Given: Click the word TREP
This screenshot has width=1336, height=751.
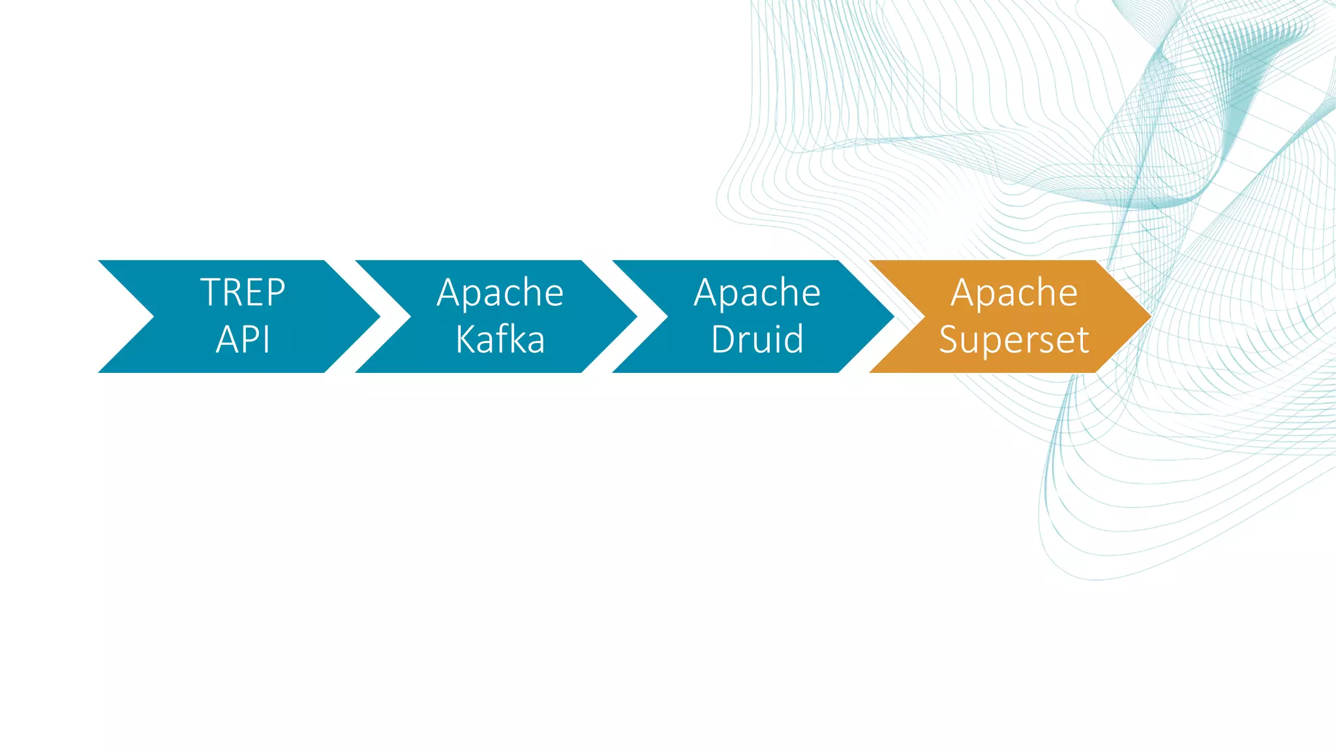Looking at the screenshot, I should click(243, 292).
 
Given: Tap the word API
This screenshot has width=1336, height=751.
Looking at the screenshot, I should click(243, 340).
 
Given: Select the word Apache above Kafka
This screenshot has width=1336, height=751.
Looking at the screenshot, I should click(500, 293).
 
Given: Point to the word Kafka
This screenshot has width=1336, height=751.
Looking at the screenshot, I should click(500, 340).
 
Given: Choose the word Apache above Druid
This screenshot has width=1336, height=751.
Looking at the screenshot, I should click(757, 293).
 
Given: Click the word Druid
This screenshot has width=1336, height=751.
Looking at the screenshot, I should click(757, 340).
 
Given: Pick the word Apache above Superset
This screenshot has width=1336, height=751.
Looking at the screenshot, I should click(1014, 293).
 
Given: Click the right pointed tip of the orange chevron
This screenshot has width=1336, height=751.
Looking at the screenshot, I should click(1149, 317).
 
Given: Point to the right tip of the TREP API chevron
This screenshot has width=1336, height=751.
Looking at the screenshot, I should click(378, 317).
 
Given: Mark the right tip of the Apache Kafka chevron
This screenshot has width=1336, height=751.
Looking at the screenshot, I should click(635, 317).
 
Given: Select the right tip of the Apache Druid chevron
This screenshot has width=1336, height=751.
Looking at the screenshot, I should click(892, 317).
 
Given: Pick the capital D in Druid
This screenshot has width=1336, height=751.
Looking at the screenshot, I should click(723, 340).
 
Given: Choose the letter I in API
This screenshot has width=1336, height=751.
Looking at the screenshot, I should click(267, 340).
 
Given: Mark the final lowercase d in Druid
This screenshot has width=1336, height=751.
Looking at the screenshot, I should click(793, 340).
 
